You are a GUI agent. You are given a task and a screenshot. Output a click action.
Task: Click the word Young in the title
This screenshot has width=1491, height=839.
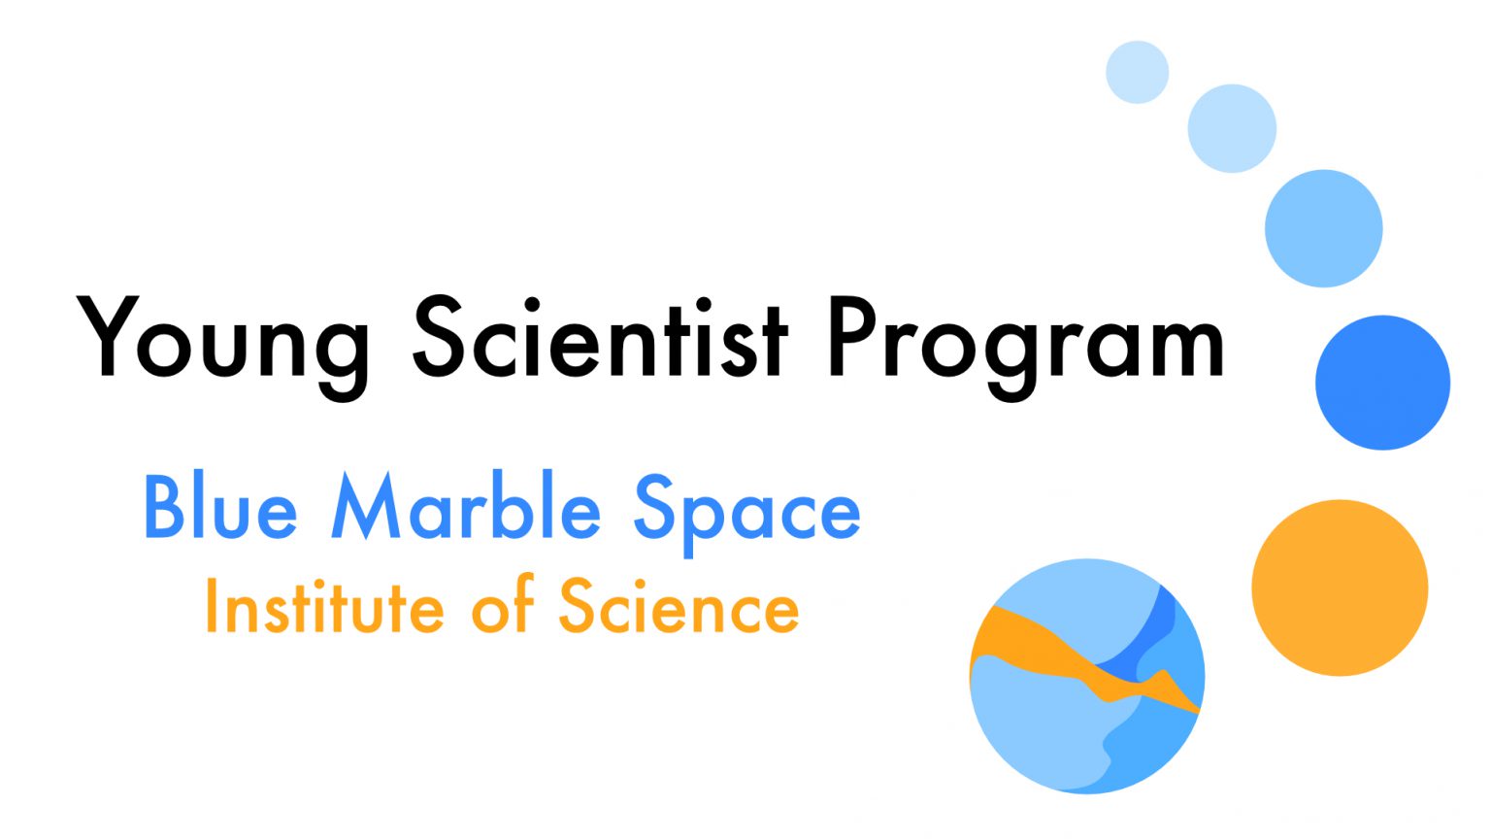tap(223, 340)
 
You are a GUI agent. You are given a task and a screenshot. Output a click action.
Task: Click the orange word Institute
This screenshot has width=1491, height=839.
tap(324, 606)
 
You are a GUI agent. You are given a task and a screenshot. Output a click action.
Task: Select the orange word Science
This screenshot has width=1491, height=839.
tap(679, 606)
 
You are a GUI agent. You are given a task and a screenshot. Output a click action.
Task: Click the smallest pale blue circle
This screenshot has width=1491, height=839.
tap(1137, 72)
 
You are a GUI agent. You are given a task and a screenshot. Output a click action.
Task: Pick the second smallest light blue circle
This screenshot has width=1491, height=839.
tap(1232, 128)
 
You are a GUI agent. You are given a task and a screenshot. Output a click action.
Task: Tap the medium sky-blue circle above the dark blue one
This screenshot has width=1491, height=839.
tap(1323, 228)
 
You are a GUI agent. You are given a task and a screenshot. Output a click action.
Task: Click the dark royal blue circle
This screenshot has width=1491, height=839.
tap(1382, 383)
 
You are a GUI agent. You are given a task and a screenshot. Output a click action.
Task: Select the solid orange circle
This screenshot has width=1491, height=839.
tap(1340, 587)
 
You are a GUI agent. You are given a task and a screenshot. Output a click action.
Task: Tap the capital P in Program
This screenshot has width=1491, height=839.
tap(850, 336)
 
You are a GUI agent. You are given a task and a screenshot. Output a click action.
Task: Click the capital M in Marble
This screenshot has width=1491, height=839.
tap(365, 506)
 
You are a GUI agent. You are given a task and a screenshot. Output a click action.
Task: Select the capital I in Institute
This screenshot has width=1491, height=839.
tap(211, 606)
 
